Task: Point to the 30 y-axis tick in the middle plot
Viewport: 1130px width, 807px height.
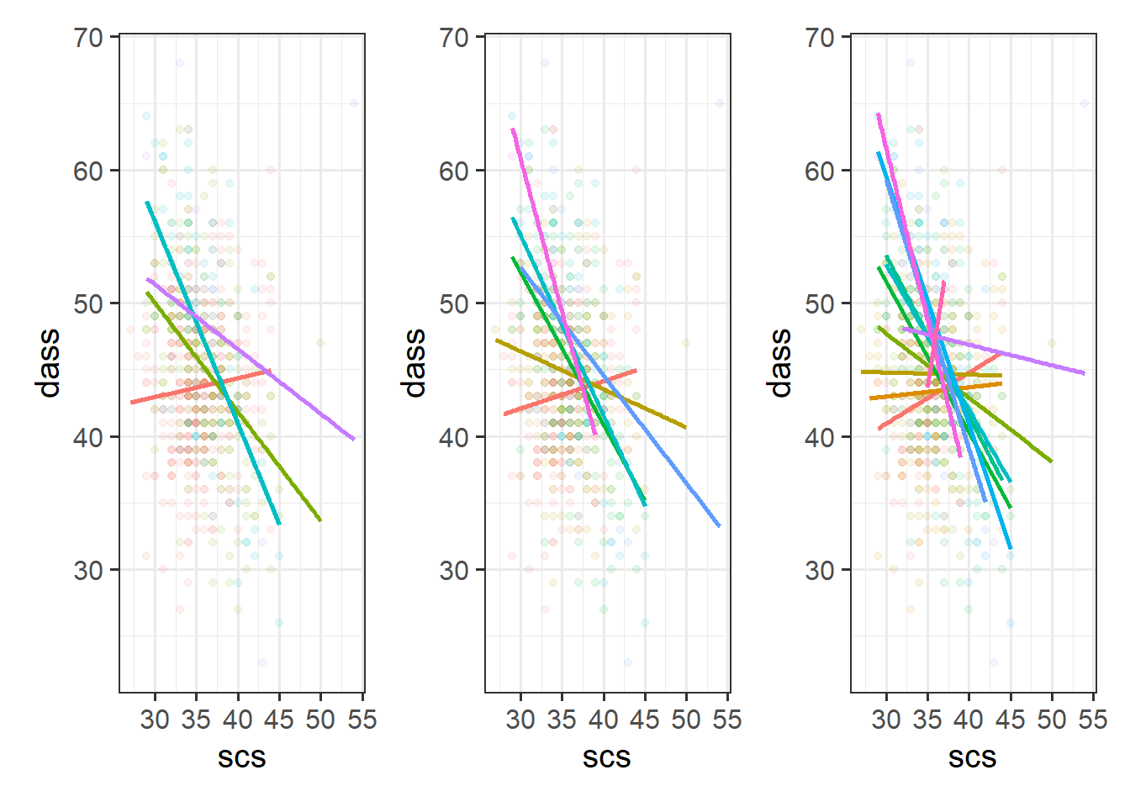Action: (x=455, y=571)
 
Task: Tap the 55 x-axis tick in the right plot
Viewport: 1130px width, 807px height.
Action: (x=1093, y=720)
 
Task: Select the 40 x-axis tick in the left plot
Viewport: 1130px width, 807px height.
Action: (x=237, y=720)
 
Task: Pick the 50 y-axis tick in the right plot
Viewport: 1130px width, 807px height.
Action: (x=821, y=304)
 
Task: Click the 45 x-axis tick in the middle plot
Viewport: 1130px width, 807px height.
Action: (x=644, y=720)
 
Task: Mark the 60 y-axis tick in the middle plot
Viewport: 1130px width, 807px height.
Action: (x=455, y=171)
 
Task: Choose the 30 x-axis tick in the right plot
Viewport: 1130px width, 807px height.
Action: (x=886, y=720)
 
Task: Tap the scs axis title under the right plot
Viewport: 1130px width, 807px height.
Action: (x=972, y=759)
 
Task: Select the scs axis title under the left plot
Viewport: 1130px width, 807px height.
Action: (x=241, y=759)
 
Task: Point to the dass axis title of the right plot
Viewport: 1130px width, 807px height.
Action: (x=781, y=363)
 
